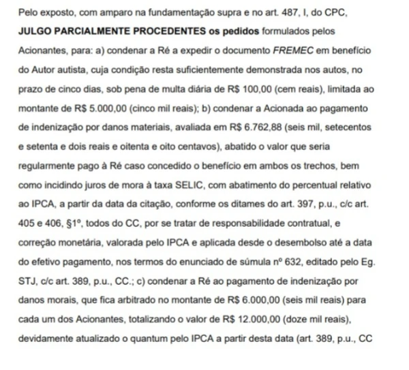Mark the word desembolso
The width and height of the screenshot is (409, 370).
[x=291, y=242]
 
